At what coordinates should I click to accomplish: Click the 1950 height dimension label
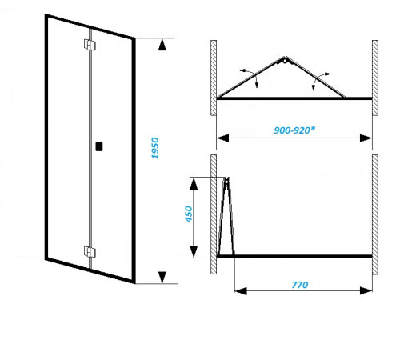click(x=154, y=148)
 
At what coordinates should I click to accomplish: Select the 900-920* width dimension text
click(x=294, y=130)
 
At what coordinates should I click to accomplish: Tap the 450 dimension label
click(x=189, y=214)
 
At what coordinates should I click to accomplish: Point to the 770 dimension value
click(x=300, y=285)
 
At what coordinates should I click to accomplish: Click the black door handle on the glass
click(x=99, y=146)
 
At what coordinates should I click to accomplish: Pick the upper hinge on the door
click(x=90, y=45)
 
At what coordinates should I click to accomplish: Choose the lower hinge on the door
click(x=90, y=251)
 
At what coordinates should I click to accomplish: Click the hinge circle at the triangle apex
click(x=285, y=61)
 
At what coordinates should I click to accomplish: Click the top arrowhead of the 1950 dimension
click(x=162, y=45)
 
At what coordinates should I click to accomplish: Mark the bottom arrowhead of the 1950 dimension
click(x=162, y=278)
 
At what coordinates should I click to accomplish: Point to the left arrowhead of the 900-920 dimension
click(x=222, y=138)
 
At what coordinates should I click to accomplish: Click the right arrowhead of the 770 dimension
click(x=366, y=290)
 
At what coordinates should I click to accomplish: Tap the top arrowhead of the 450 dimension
click(x=194, y=183)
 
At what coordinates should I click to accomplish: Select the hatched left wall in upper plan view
click(x=214, y=78)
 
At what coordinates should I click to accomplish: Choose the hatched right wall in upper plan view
click(x=375, y=78)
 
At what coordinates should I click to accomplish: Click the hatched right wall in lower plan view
click(x=375, y=214)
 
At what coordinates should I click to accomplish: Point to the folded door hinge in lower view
click(x=226, y=182)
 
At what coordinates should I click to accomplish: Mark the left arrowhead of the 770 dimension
click(x=241, y=290)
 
